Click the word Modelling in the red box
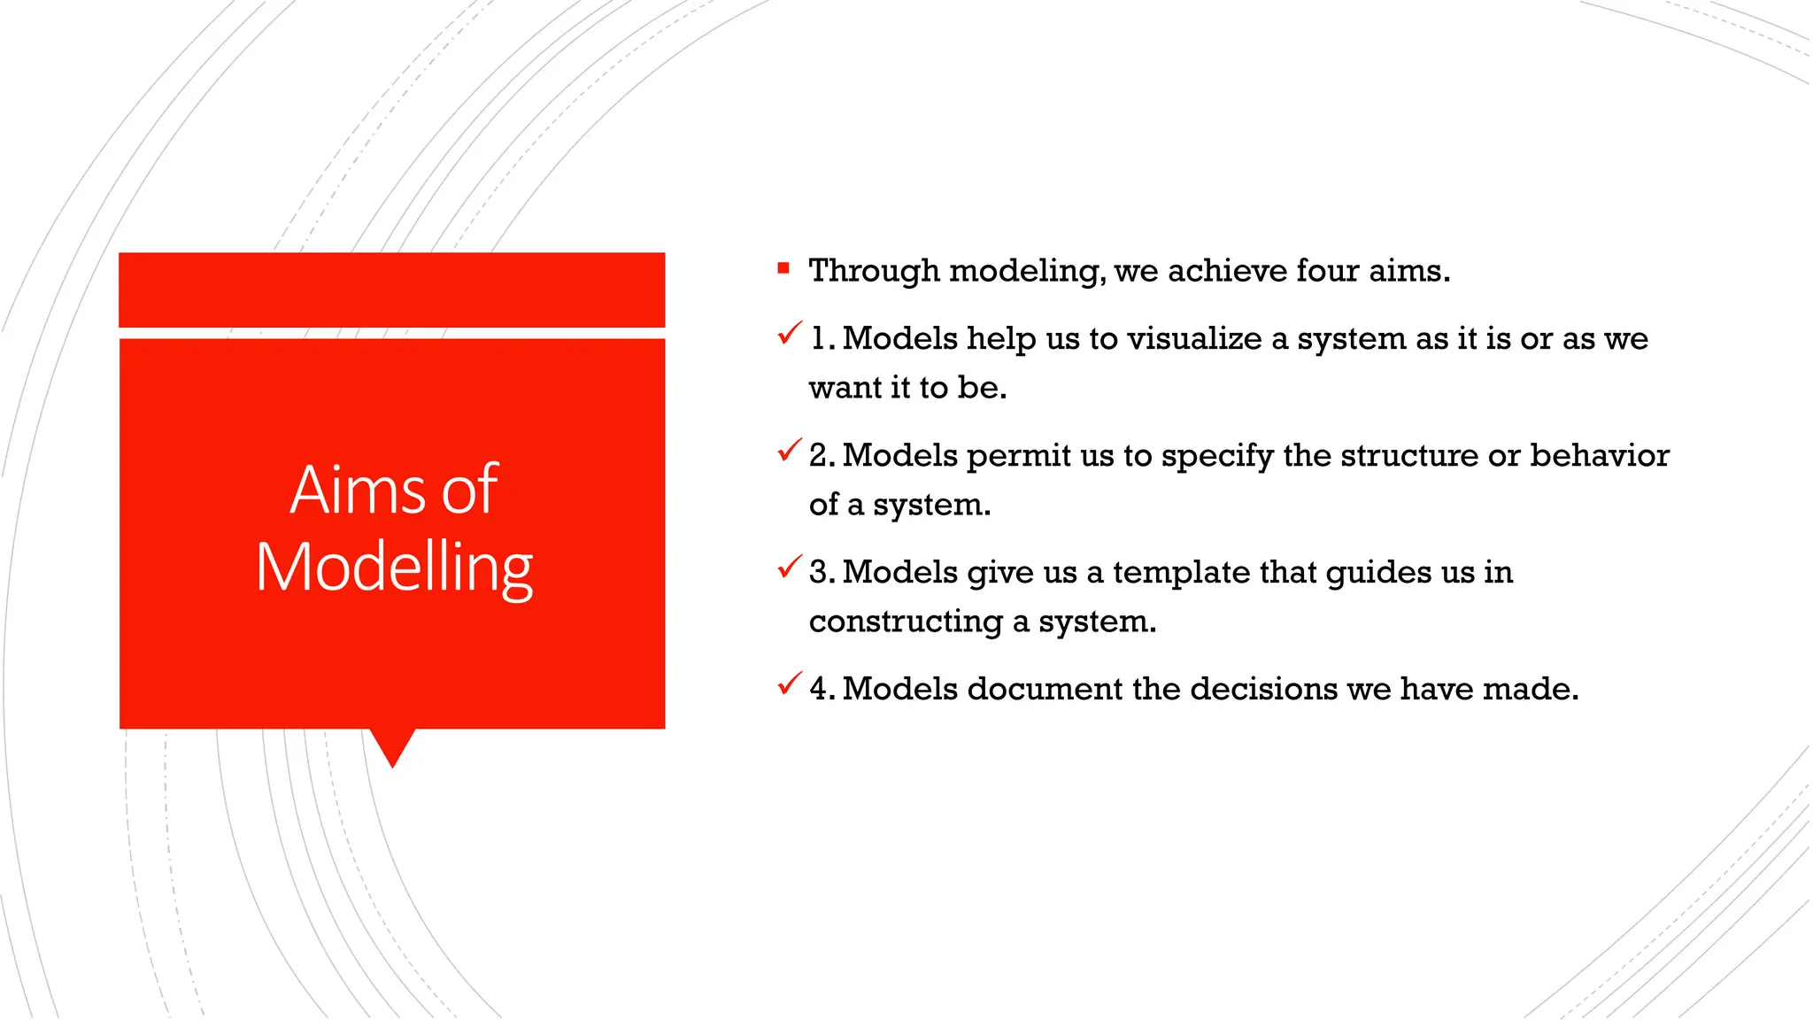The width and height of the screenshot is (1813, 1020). tap(394, 568)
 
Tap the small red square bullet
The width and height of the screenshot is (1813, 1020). tap(783, 267)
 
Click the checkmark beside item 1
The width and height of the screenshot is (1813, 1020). tap(790, 334)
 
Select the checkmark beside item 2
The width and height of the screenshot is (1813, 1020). tap(790, 451)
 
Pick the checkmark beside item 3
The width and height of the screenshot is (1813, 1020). tap(790, 568)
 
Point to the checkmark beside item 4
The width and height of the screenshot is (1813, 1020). tap(790, 684)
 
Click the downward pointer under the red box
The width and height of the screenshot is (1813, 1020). tap(392, 746)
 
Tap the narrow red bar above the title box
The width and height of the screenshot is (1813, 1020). tap(391, 290)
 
